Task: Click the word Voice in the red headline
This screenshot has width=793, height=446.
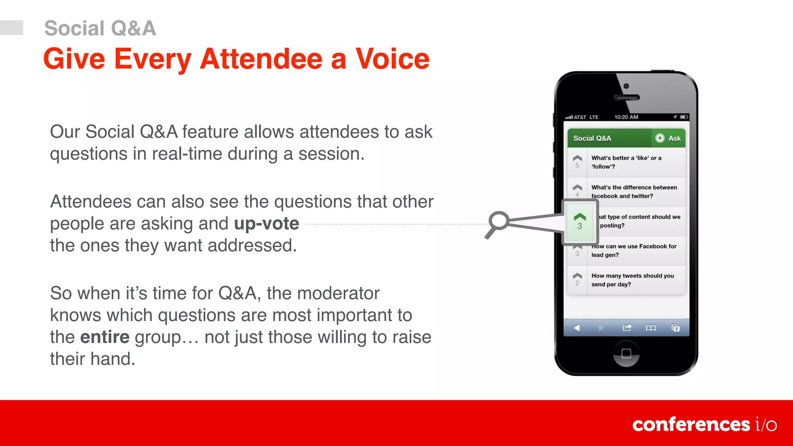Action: [392, 59]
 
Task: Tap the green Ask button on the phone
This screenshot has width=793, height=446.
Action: [668, 138]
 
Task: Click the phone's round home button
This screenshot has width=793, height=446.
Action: [626, 353]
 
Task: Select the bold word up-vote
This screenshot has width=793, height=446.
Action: [266, 223]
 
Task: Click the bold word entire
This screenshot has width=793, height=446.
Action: [105, 337]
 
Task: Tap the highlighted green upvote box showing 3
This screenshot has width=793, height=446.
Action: [579, 222]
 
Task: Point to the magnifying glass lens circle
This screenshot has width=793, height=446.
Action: [499, 220]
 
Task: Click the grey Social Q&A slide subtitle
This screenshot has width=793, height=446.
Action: [100, 28]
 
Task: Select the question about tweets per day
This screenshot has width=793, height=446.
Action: [632, 280]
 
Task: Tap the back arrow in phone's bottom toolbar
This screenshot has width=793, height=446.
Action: [577, 328]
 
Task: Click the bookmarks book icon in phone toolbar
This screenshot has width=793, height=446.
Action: [651, 328]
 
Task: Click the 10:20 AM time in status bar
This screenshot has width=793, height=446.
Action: [626, 117]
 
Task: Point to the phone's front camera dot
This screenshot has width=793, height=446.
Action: [626, 86]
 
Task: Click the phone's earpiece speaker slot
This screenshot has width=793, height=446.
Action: [626, 98]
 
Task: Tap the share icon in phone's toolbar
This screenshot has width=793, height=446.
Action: [627, 328]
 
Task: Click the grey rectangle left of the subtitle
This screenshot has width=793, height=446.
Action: [12, 27]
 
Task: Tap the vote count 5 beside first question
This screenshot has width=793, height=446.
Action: [577, 165]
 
